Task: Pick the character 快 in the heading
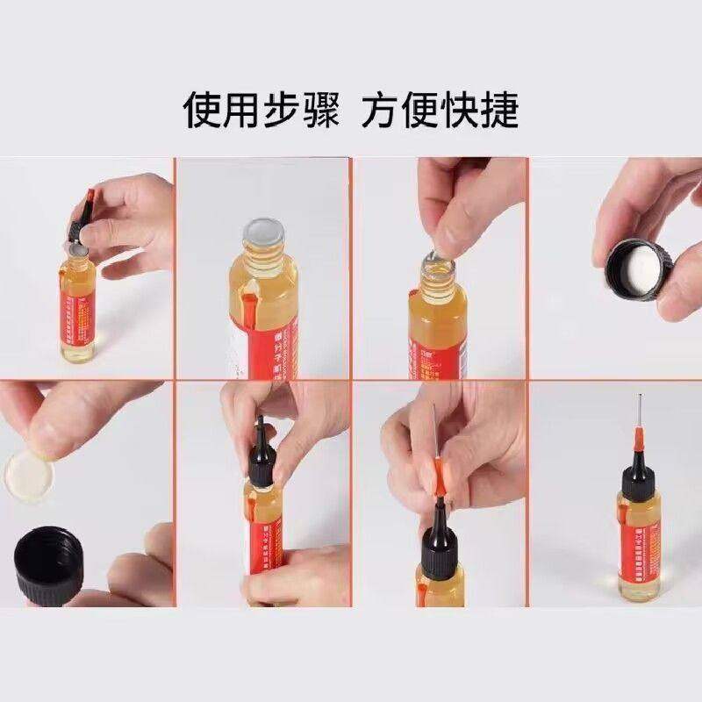point(459,110)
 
